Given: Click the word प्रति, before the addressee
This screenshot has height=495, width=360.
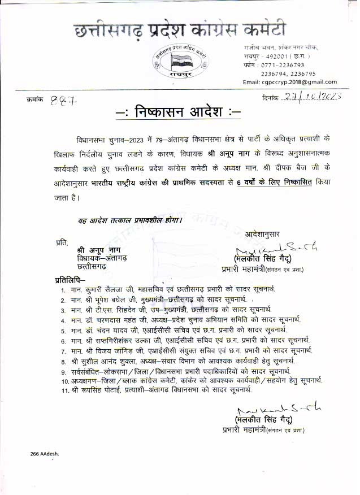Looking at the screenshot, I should pyautogui.click(x=62, y=242).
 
